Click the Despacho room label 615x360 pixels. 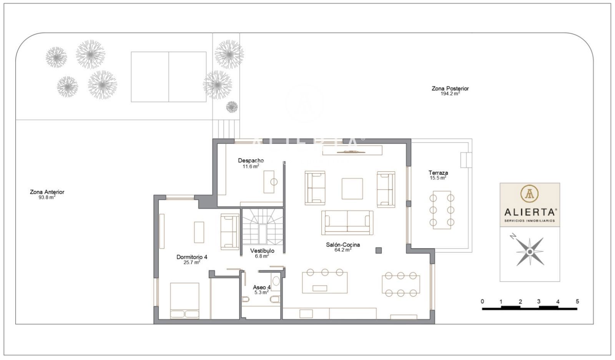point(251,161)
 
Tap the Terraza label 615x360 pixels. point(438,173)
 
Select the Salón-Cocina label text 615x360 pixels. point(343,244)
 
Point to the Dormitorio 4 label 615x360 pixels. point(192,257)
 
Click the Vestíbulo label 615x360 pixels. point(262,251)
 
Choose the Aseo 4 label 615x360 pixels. point(262,287)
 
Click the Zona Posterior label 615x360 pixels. point(450,88)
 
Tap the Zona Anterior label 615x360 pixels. point(47,192)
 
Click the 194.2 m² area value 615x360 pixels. point(450,94)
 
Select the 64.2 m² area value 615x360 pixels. point(343,250)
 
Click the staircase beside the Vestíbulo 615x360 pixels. point(263,226)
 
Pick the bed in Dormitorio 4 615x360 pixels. point(184,301)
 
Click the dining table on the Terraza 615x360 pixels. point(442,210)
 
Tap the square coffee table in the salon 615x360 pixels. point(352,189)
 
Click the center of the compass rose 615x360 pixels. point(530,252)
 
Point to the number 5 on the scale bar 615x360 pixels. point(577,301)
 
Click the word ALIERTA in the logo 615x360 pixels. point(530,212)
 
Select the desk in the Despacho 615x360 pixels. point(269,182)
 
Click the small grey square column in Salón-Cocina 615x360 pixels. point(379,250)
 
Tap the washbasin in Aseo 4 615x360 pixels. point(276,281)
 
